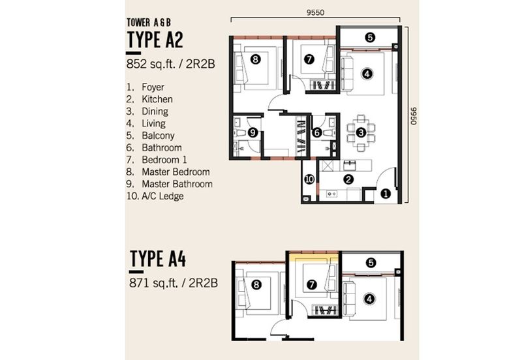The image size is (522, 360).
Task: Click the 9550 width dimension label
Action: coord(315,12)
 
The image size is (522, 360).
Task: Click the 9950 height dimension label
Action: coord(413,116)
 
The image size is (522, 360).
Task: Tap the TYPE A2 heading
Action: coord(155,40)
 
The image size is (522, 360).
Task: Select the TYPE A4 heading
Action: coord(158,258)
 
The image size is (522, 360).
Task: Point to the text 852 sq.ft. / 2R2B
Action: coord(170,64)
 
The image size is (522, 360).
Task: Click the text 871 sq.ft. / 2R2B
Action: coord(174,283)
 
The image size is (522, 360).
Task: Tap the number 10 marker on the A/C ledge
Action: coord(309,179)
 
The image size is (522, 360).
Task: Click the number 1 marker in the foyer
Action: coord(386,194)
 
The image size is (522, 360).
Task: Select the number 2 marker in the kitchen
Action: coord(348,179)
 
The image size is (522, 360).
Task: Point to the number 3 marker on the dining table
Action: coord(361,133)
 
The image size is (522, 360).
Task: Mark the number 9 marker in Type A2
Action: coord(253,133)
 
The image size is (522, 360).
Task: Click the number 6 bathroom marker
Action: coord(317,133)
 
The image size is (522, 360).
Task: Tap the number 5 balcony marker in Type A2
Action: coord(370,37)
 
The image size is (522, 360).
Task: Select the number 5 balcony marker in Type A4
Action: coord(371,263)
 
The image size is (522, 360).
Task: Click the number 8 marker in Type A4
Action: coord(256,285)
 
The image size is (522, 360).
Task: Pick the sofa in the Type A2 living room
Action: coord(347,74)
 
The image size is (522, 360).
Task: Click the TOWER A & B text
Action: coord(149,23)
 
